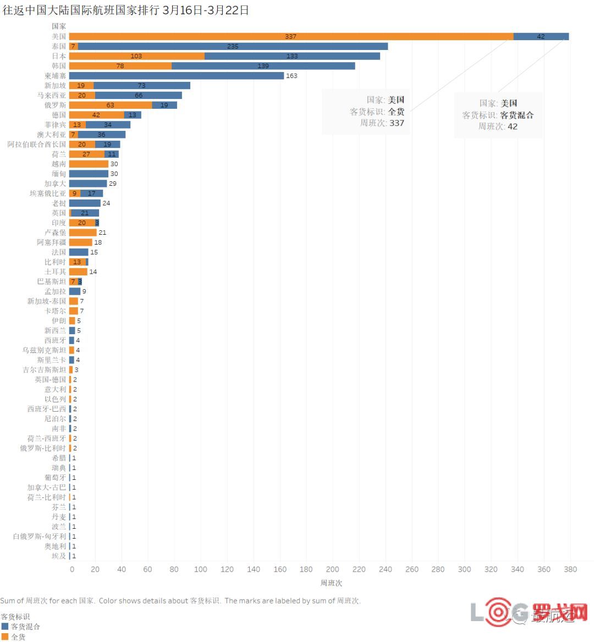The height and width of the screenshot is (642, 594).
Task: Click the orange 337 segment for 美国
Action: [x=291, y=37]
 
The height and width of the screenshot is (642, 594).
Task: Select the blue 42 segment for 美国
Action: [x=541, y=37]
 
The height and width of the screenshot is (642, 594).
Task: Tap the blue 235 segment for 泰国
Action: [x=233, y=47]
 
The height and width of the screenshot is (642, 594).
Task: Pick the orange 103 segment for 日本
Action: [x=136, y=56]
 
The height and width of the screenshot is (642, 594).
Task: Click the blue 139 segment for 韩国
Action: [x=263, y=66]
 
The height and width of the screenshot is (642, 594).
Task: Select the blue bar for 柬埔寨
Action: [x=176, y=76]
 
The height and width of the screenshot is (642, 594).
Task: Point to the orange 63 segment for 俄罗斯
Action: [x=110, y=105]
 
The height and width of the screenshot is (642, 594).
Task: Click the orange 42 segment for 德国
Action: [x=96, y=115]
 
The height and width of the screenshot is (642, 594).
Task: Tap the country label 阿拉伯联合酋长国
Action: [x=36, y=145]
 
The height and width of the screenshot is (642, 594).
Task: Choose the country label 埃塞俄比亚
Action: [x=48, y=193]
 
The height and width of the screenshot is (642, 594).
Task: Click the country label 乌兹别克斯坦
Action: [x=44, y=350]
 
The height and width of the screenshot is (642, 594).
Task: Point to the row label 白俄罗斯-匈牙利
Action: [x=40, y=536]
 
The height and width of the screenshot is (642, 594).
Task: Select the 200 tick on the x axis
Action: [x=332, y=569]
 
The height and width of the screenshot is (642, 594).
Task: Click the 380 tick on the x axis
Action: [x=570, y=569]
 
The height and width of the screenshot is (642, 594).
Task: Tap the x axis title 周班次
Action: [x=331, y=583]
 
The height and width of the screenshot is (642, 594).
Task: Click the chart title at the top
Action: [x=125, y=10]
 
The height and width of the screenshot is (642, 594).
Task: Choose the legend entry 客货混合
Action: [x=25, y=627]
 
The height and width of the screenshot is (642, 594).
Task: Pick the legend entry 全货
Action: [x=18, y=637]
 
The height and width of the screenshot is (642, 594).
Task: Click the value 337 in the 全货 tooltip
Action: [x=397, y=123]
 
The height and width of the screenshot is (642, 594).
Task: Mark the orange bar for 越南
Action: [x=89, y=164]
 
